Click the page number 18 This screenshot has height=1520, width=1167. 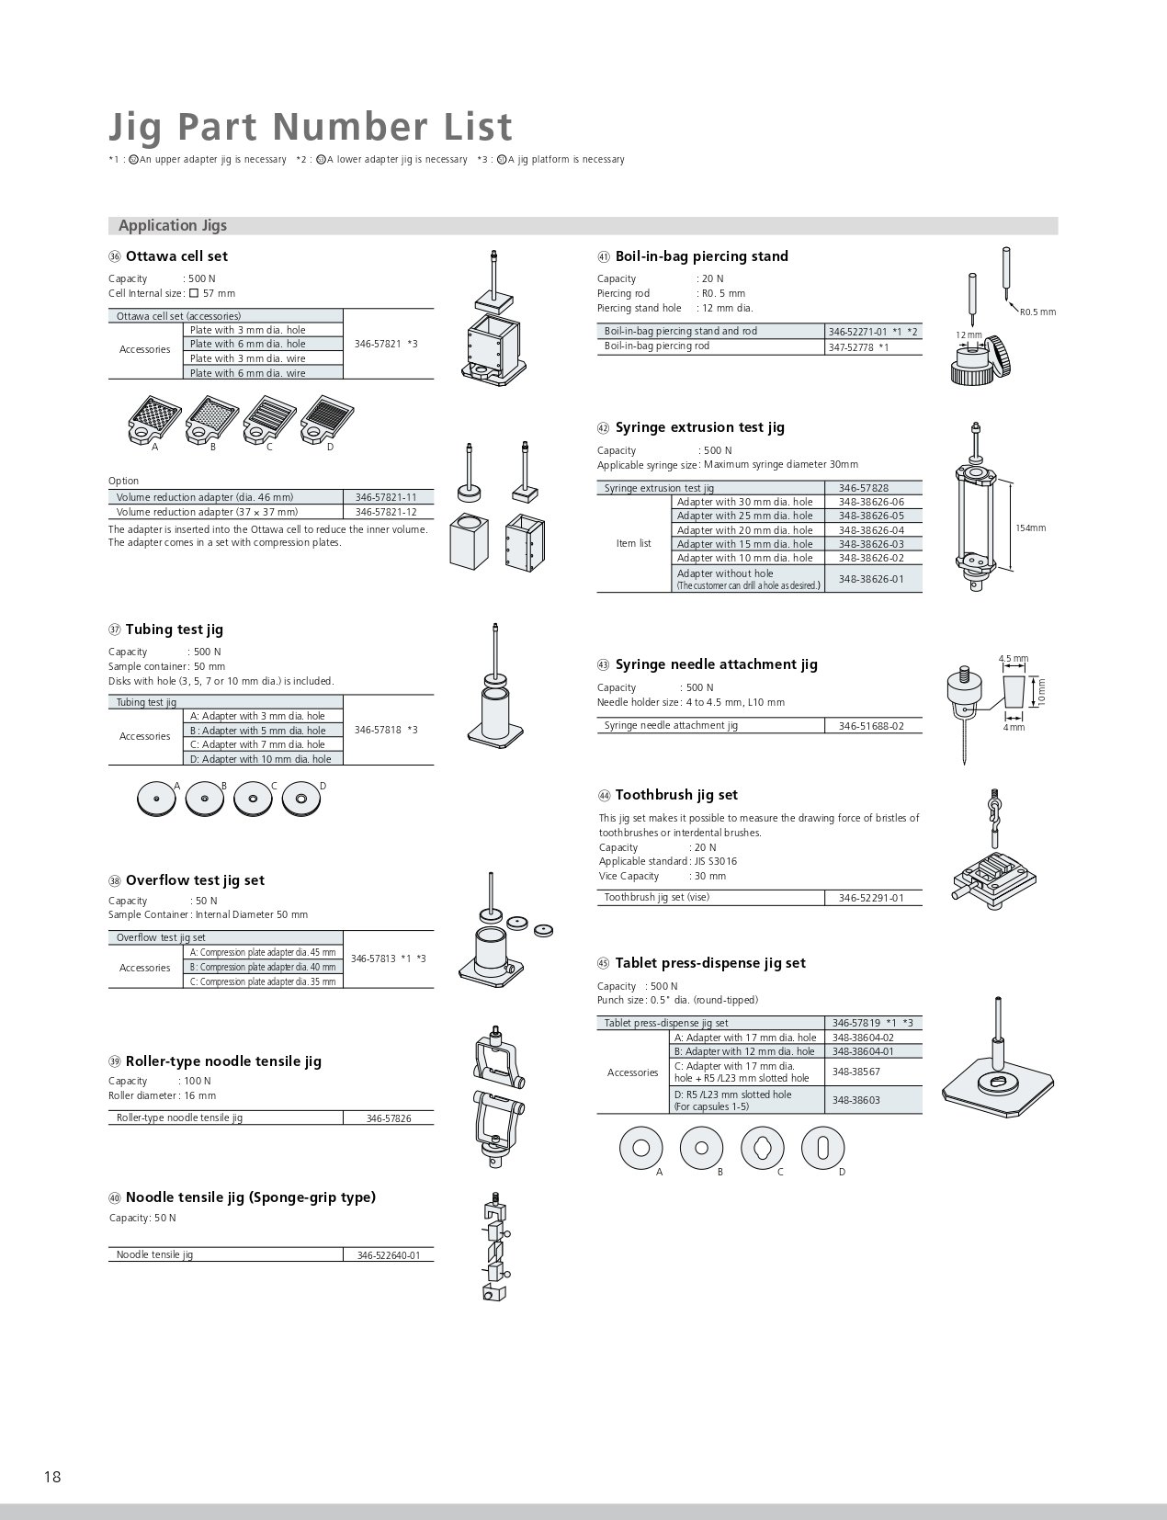click(51, 1477)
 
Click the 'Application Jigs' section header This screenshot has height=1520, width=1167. click(173, 226)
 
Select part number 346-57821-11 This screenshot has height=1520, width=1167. click(385, 497)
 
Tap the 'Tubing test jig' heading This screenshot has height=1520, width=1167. click(174, 630)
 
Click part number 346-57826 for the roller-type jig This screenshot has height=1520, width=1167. click(388, 1118)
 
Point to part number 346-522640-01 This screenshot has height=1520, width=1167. click(388, 1255)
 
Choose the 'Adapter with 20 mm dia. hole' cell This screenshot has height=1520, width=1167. click(744, 530)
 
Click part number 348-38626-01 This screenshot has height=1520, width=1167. click(871, 579)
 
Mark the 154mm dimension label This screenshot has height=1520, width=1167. click(1030, 528)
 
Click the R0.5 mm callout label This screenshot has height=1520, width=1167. click(1037, 312)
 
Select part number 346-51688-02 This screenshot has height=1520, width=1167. click(871, 726)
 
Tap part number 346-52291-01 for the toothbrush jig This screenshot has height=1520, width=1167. click(871, 898)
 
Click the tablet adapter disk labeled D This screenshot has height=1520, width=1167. click(822, 1147)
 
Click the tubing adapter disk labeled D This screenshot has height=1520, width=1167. click(300, 800)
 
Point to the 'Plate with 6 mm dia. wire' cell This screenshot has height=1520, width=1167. click(247, 373)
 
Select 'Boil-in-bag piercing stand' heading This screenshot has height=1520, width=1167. click(701, 256)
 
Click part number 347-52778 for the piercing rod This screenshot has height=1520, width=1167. click(851, 347)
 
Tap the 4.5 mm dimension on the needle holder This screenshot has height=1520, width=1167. click(1013, 659)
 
